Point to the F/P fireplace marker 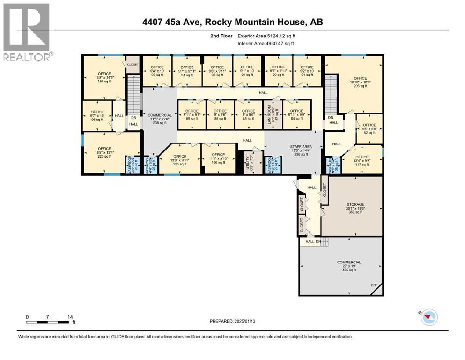[x=373, y=285]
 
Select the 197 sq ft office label [x=104, y=77]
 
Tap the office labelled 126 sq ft [x=180, y=160]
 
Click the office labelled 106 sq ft [x=218, y=158]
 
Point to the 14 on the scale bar [x=70, y=317]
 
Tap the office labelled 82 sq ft [x=369, y=129]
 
